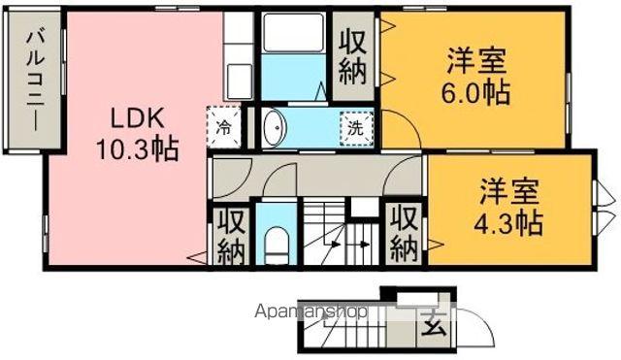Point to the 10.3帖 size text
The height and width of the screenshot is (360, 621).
point(136,151)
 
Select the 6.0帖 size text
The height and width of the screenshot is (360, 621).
point(475,95)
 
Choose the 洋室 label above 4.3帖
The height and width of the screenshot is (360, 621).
point(507,189)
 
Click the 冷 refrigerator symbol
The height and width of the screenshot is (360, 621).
point(224,127)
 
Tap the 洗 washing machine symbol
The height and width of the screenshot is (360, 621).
point(356,127)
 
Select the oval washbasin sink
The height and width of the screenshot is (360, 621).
point(274,126)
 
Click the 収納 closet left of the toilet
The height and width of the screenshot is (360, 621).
point(230,238)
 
